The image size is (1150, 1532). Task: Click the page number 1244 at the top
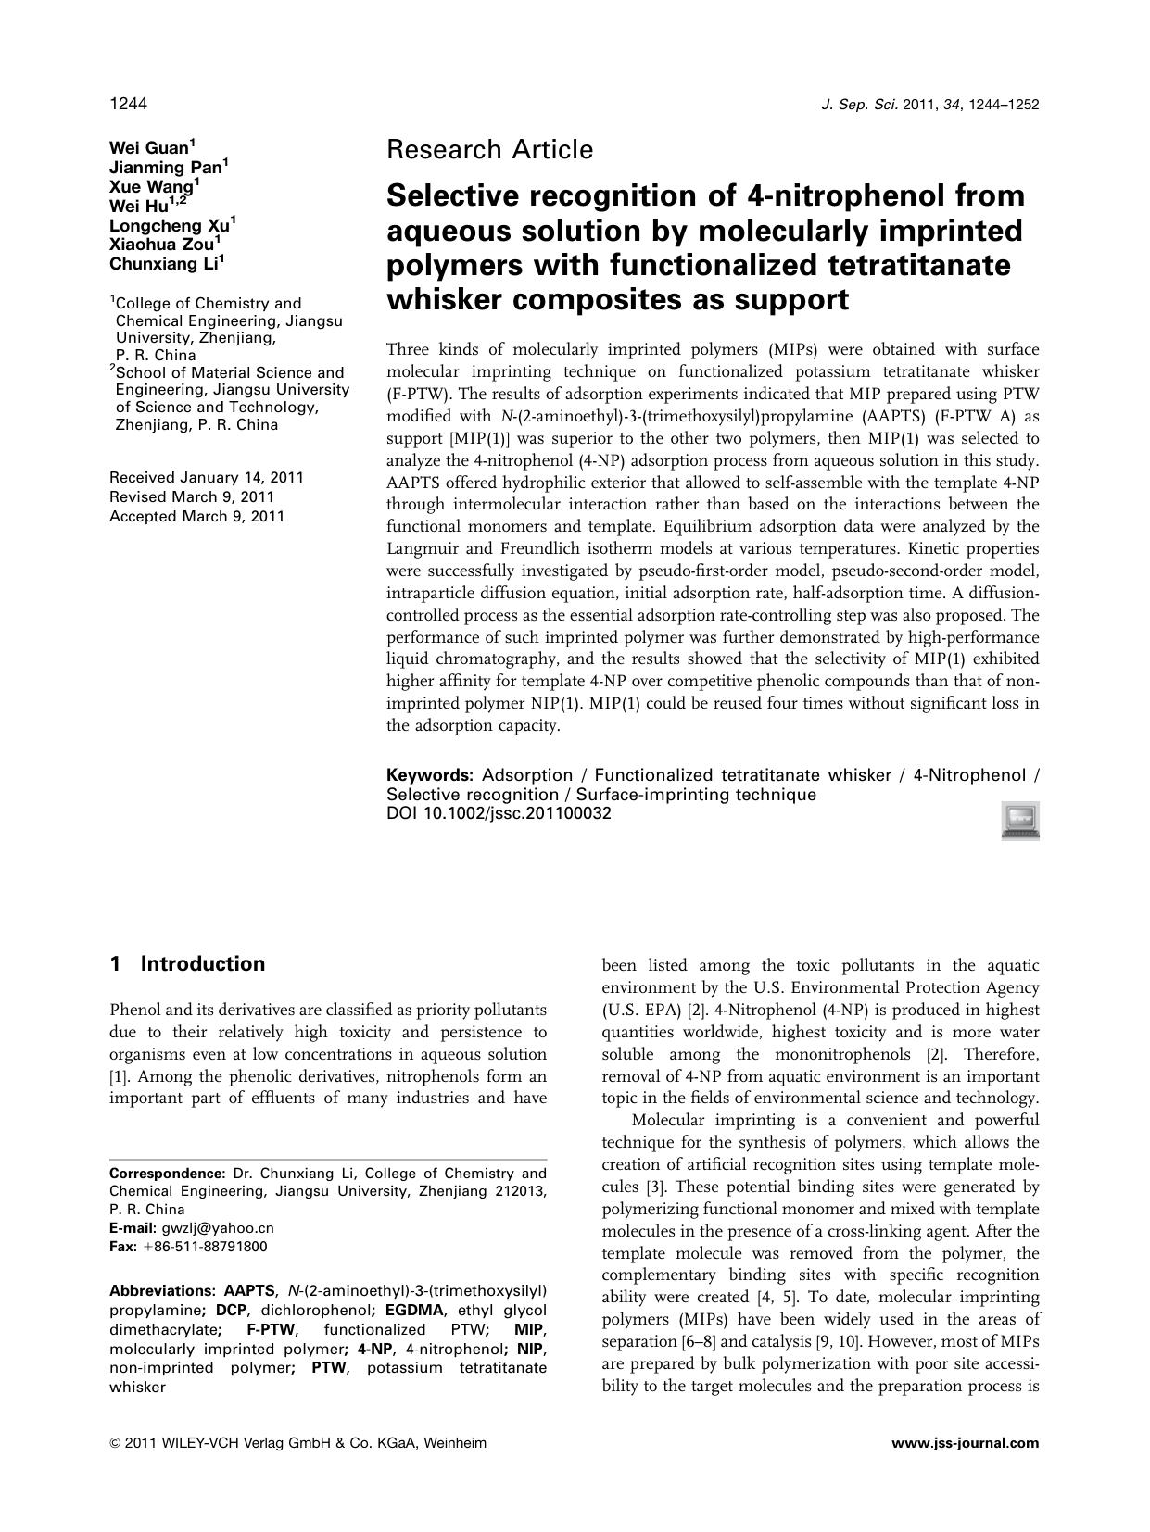click(128, 104)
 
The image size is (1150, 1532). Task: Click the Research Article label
click(489, 149)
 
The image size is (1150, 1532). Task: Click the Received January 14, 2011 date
click(206, 478)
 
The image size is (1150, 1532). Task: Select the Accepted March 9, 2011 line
click(196, 517)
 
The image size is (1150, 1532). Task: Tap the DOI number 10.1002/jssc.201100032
click(518, 814)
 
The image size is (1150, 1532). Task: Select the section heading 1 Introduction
click(187, 964)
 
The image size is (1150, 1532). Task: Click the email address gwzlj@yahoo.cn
click(218, 1228)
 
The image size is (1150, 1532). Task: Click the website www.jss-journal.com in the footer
click(965, 1443)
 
